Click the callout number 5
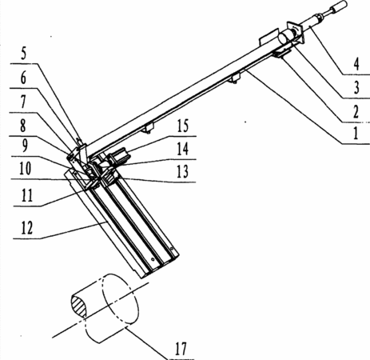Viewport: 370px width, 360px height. (24, 54)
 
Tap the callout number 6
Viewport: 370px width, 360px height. (23, 78)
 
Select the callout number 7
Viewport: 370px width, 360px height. (23, 102)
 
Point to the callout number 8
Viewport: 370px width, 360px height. (23, 126)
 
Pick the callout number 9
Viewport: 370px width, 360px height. (24, 146)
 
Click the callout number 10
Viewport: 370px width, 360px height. (25, 169)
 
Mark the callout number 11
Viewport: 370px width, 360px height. (27, 195)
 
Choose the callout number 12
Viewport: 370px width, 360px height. (27, 228)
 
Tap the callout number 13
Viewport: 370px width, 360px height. (182, 171)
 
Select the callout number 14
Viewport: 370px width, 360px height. (183, 149)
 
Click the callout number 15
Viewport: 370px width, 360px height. (183, 126)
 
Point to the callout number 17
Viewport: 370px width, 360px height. (181, 349)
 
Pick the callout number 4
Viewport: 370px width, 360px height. (356, 64)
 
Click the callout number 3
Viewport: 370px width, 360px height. (356, 87)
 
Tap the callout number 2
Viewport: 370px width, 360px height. (356, 112)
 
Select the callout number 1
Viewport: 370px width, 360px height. (356, 134)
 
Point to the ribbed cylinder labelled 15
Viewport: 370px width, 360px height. (121, 156)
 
